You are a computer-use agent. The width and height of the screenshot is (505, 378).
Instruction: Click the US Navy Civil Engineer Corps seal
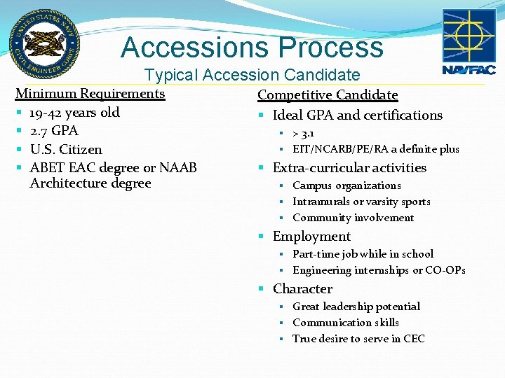tap(44, 44)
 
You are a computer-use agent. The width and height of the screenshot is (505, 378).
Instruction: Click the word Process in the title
tap(330, 48)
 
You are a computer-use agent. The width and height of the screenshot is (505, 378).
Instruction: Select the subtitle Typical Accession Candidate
tap(252, 75)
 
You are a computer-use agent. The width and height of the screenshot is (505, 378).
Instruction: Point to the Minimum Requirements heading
tap(90, 94)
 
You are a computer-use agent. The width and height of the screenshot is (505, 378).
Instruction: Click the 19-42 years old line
tap(74, 113)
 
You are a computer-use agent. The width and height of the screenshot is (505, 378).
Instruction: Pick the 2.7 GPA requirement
tap(54, 131)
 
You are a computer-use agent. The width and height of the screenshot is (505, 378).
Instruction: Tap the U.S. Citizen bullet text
tap(66, 150)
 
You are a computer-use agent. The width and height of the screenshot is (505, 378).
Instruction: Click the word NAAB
tap(178, 168)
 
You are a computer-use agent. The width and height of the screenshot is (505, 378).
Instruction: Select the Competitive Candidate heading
tap(328, 95)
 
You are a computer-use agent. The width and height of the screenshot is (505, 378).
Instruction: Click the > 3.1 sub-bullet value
tap(304, 133)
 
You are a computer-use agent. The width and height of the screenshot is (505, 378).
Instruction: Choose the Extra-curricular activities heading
tap(349, 168)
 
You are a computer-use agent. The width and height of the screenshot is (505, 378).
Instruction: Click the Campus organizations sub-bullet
tap(346, 185)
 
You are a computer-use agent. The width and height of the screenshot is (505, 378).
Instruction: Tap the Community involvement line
tap(353, 218)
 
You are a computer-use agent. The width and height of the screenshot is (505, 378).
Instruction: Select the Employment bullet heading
tap(311, 237)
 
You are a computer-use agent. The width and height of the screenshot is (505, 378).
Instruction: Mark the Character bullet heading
tap(302, 289)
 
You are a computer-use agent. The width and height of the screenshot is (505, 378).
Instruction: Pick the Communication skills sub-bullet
tap(346, 323)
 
